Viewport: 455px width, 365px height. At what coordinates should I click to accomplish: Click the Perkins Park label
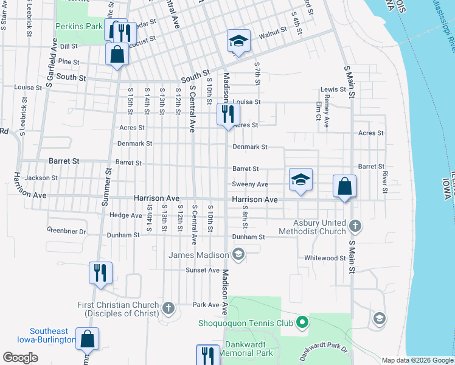click(x=79, y=27)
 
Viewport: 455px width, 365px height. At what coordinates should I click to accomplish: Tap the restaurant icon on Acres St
click(x=229, y=114)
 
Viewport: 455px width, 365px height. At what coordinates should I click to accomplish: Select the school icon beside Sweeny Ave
click(x=300, y=179)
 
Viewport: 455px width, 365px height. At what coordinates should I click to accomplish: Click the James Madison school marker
click(x=239, y=254)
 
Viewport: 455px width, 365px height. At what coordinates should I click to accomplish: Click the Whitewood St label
click(x=325, y=258)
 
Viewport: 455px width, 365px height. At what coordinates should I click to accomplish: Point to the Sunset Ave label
click(x=203, y=270)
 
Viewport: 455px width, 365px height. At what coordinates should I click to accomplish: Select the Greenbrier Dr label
click(x=66, y=231)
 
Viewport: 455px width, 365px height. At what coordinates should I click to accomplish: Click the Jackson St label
click(x=41, y=178)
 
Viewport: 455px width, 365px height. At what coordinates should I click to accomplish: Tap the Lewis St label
click(x=333, y=89)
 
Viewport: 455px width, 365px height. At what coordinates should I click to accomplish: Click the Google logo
click(x=21, y=358)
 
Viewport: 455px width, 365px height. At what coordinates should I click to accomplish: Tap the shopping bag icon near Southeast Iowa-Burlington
click(x=88, y=339)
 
